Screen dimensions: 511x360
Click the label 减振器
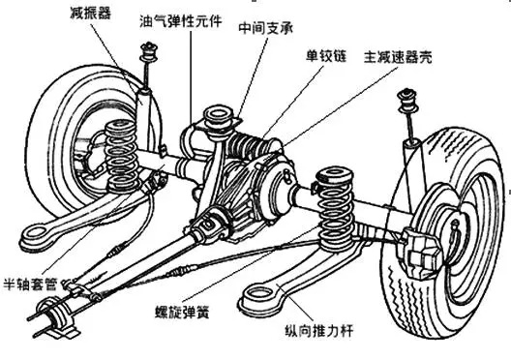click(90, 14)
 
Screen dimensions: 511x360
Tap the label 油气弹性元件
click(181, 21)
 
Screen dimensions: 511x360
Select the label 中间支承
click(266, 28)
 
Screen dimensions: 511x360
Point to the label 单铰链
click(326, 56)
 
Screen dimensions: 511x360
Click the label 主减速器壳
click(398, 57)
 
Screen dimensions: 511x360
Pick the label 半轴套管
click(30, 285)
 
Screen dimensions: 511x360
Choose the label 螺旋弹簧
click(182, 313)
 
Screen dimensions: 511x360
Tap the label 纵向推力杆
click(318, 331)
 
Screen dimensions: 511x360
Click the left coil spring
click(121, 156)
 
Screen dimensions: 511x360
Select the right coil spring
click(336, 208)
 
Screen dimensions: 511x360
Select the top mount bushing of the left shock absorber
click(149, 52)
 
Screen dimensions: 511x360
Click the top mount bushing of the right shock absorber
click(406, 100)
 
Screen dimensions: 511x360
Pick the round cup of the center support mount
click(217, 119)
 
